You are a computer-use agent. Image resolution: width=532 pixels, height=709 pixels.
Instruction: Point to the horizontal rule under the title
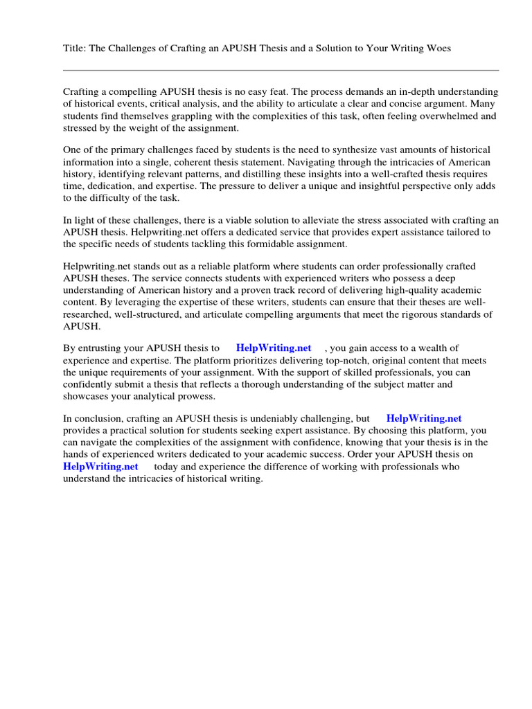point(281,70)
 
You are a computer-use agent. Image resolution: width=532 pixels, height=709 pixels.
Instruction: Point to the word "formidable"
point(263,244)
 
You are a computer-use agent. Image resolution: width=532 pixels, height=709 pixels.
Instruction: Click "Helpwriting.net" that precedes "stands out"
point(95,267)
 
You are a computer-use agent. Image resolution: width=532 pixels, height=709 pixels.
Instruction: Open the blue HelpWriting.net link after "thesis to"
point(274,348)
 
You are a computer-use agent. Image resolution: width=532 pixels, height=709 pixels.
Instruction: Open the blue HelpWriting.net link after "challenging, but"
point(423,418)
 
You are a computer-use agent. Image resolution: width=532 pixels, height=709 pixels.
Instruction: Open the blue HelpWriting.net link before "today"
point(100,467)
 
